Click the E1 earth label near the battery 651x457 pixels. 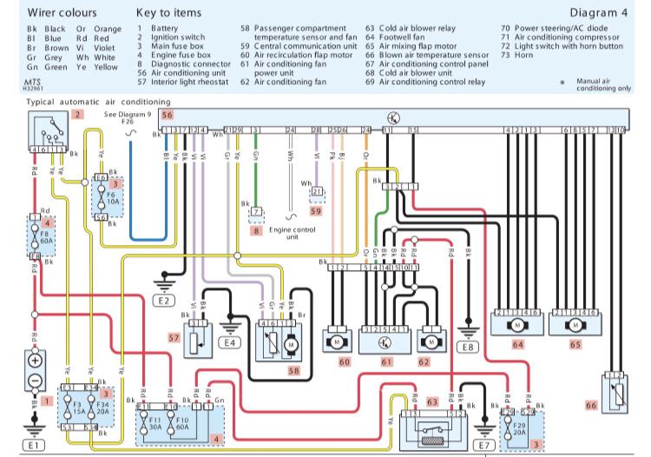(x=34, y=445)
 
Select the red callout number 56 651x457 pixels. (x=168, y=115)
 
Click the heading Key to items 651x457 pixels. (x=169, y=14)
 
